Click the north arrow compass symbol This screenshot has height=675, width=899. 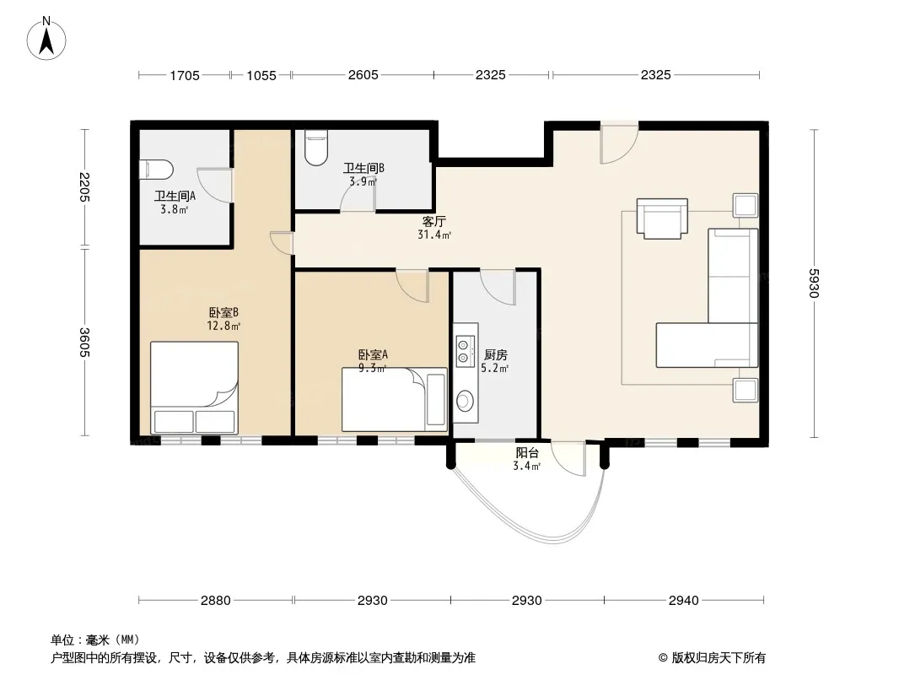click(46, 39)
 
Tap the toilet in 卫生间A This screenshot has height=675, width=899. click(157, 170)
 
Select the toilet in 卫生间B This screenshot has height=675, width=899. click(316, 148)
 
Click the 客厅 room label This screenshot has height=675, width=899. click(434, 221)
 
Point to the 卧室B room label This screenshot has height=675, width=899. click(223, 312)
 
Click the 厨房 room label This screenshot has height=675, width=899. click(495, 355)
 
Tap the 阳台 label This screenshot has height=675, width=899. click(527, 452)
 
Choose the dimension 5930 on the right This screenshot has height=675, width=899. click(814, 283)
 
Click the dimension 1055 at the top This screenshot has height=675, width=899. click(261, 75)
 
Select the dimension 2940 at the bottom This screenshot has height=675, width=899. click(683, 601)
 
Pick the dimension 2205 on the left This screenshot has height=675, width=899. click(85, 187)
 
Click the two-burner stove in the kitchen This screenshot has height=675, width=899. click(465, 351)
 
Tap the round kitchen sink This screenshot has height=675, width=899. click(465, 400)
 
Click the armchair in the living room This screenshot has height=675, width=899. click(662, 219)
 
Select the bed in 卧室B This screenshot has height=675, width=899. click(194, 387)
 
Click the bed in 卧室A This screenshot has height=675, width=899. click(395, 399)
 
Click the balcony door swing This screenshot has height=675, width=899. click(568, 458)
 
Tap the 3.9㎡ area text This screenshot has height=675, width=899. click(363, 181)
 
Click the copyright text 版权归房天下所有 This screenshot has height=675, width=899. click(719, 658)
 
